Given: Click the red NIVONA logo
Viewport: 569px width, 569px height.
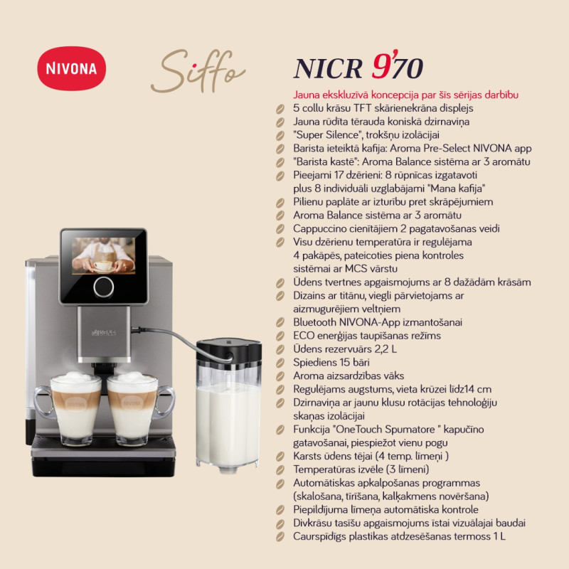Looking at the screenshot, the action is (72, 68).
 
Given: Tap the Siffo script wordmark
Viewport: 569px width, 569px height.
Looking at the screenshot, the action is (198, 71).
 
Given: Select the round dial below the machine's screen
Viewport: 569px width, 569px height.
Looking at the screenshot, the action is (103, 287).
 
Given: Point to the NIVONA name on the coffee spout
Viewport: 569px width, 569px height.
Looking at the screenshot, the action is (103, 332).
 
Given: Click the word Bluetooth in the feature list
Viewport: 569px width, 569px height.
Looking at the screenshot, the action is (314, 322).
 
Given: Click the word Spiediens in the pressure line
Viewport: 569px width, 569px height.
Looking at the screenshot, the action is (310, 363).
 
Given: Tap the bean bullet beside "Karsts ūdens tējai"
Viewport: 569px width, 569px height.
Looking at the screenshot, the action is (280, 457).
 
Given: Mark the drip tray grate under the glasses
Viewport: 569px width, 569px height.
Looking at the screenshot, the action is (103, 441).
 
